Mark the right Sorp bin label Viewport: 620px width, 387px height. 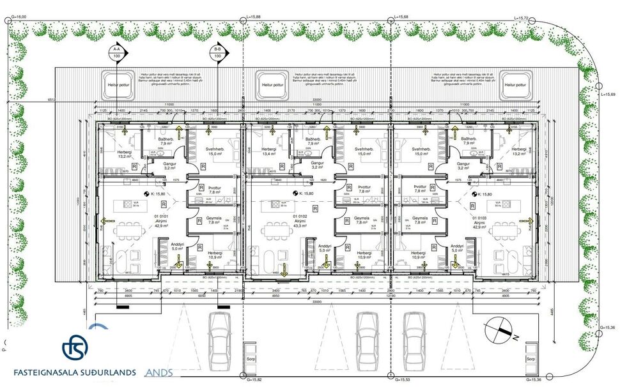[x=530, y=359]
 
